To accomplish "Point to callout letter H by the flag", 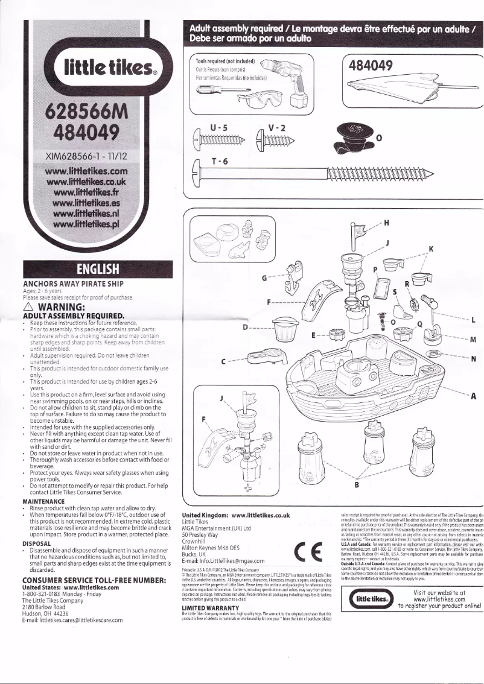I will click(x=386, y=222).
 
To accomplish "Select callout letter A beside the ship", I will click(x=473, y=396).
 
